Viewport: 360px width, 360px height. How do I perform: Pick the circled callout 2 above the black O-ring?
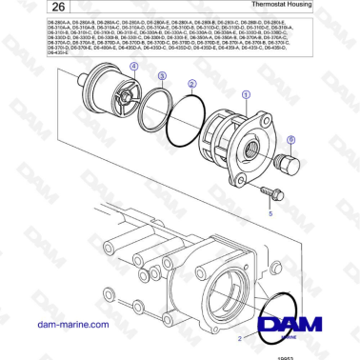(x=192, y=84)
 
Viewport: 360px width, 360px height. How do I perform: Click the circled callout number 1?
(x=246, y=93)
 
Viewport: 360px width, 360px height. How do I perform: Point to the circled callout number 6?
(x=290, y=139)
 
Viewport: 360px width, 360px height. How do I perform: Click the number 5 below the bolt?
(x=270, y=215)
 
